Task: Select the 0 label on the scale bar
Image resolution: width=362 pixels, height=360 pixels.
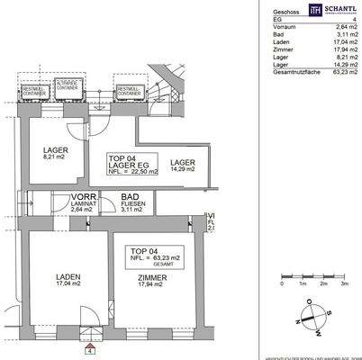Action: point(282,283)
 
